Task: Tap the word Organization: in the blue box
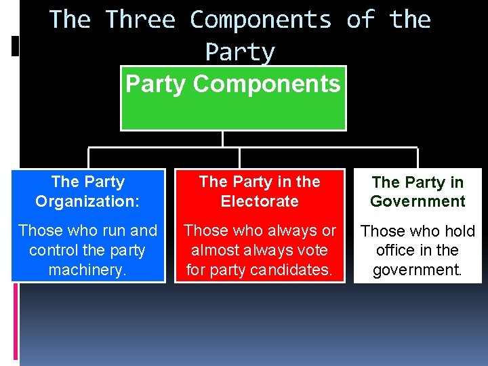88,201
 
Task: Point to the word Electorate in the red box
260,201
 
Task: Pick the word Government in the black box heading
418,201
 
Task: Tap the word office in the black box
396,250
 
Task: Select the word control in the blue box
52,250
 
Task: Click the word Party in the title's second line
239,52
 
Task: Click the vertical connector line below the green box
222,139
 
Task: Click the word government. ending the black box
418,270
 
